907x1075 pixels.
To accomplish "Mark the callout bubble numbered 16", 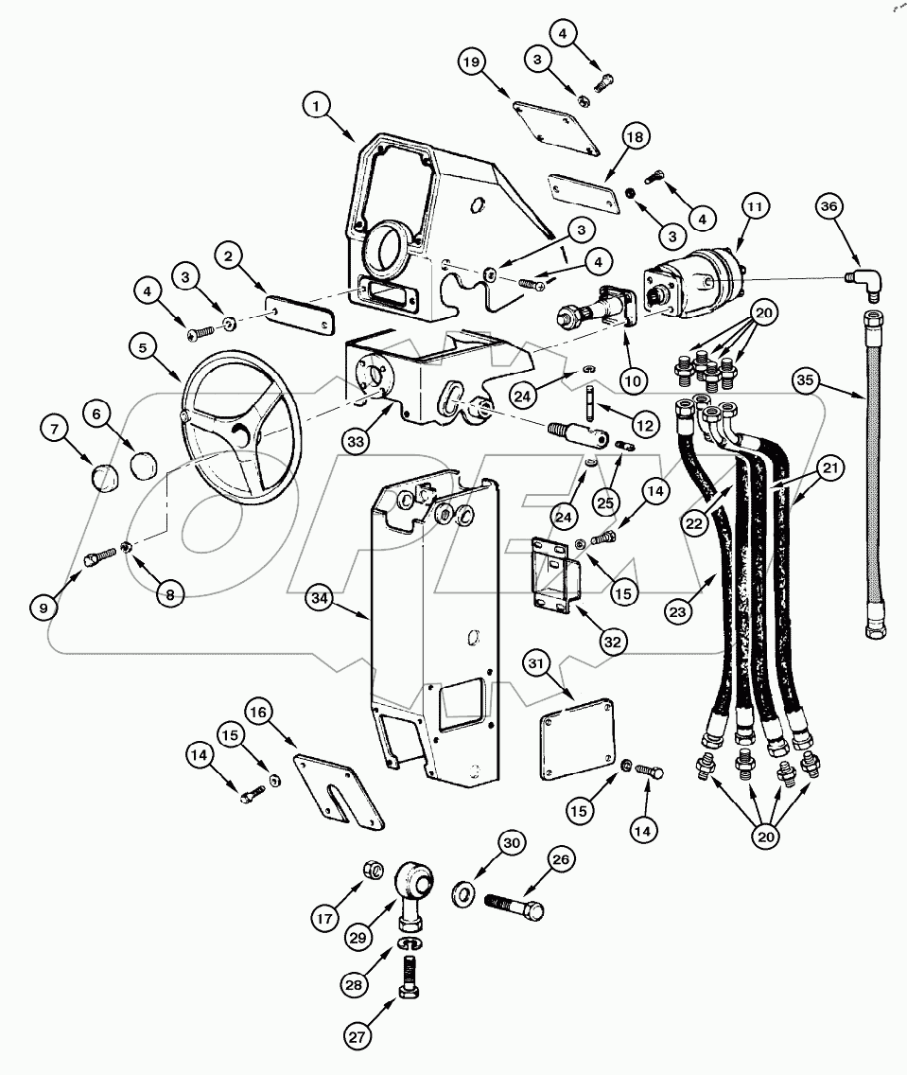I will coord(257,711).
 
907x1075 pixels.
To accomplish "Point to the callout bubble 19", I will coord(473,63).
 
